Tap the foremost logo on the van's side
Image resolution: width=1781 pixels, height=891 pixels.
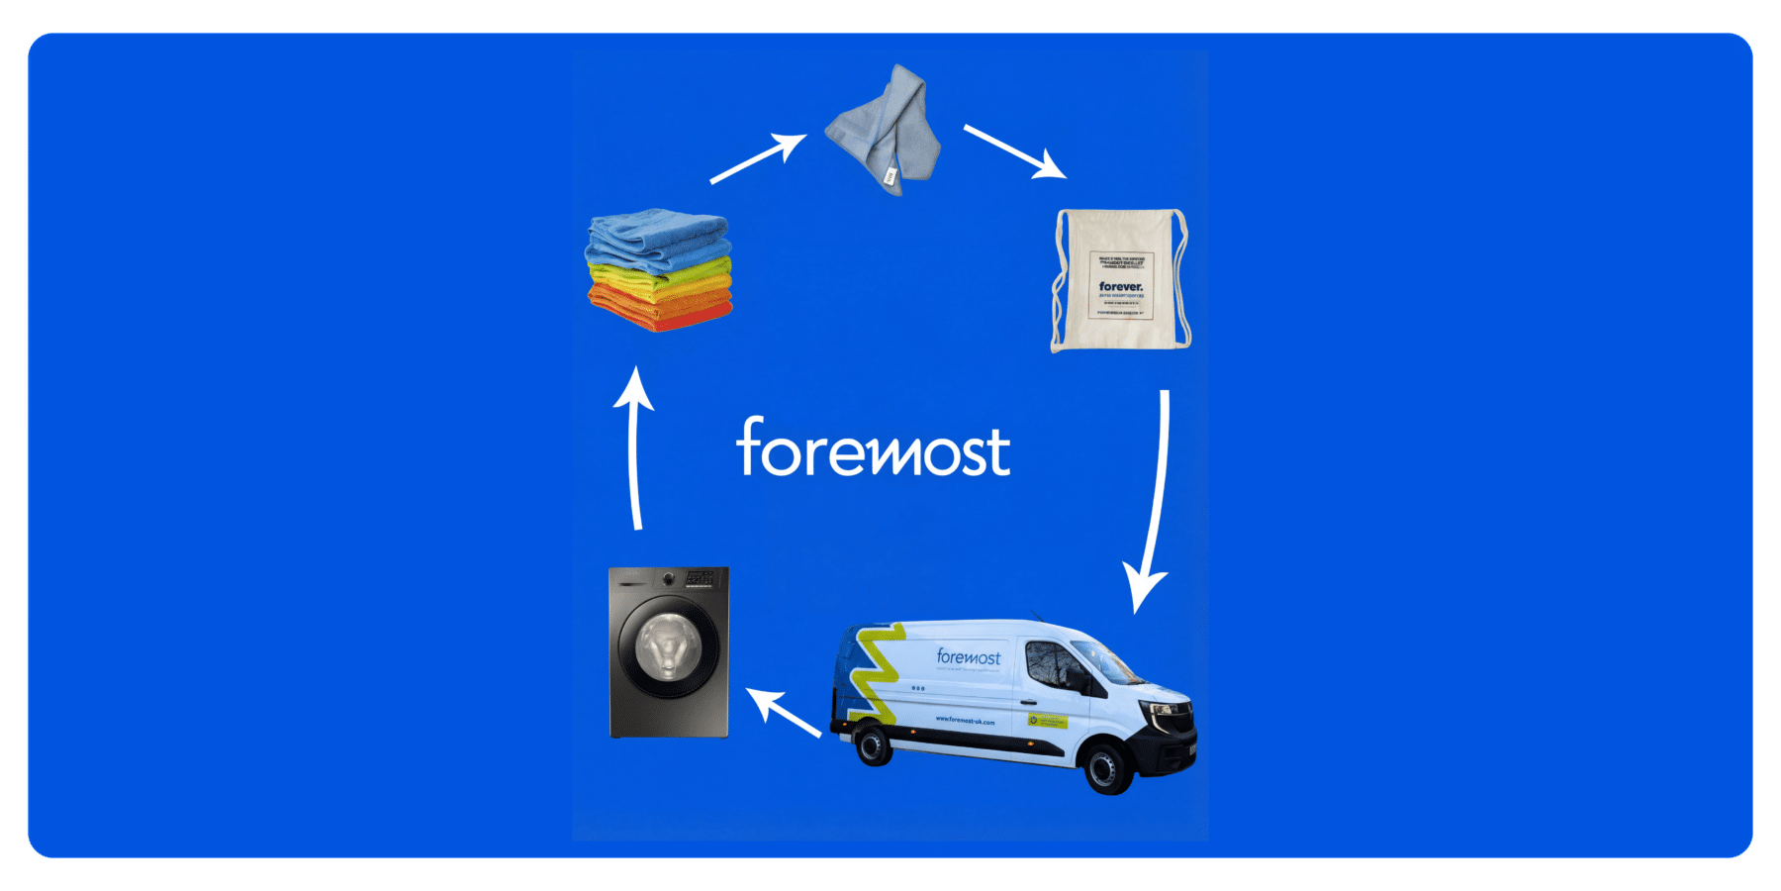coord(968,657)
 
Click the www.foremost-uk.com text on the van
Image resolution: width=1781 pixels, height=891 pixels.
coord(965,721)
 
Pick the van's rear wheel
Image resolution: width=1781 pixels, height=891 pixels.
coord(873,744)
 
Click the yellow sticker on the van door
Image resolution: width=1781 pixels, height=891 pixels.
coord(1047,721)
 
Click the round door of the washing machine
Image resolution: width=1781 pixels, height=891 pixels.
coord(668,648)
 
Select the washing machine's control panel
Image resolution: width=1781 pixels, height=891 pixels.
coord(701,577)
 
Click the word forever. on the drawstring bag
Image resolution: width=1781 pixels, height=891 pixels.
coord(1120,286)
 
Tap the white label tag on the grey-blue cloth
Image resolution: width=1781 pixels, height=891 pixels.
coord(890,176)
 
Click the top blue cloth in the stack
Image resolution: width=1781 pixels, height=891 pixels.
coord(658,234)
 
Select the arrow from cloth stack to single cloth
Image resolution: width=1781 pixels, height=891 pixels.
coord(758,158)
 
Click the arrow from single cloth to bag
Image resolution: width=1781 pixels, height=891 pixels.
coord(1014,151)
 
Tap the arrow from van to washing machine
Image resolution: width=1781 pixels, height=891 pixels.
coord(784,713)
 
